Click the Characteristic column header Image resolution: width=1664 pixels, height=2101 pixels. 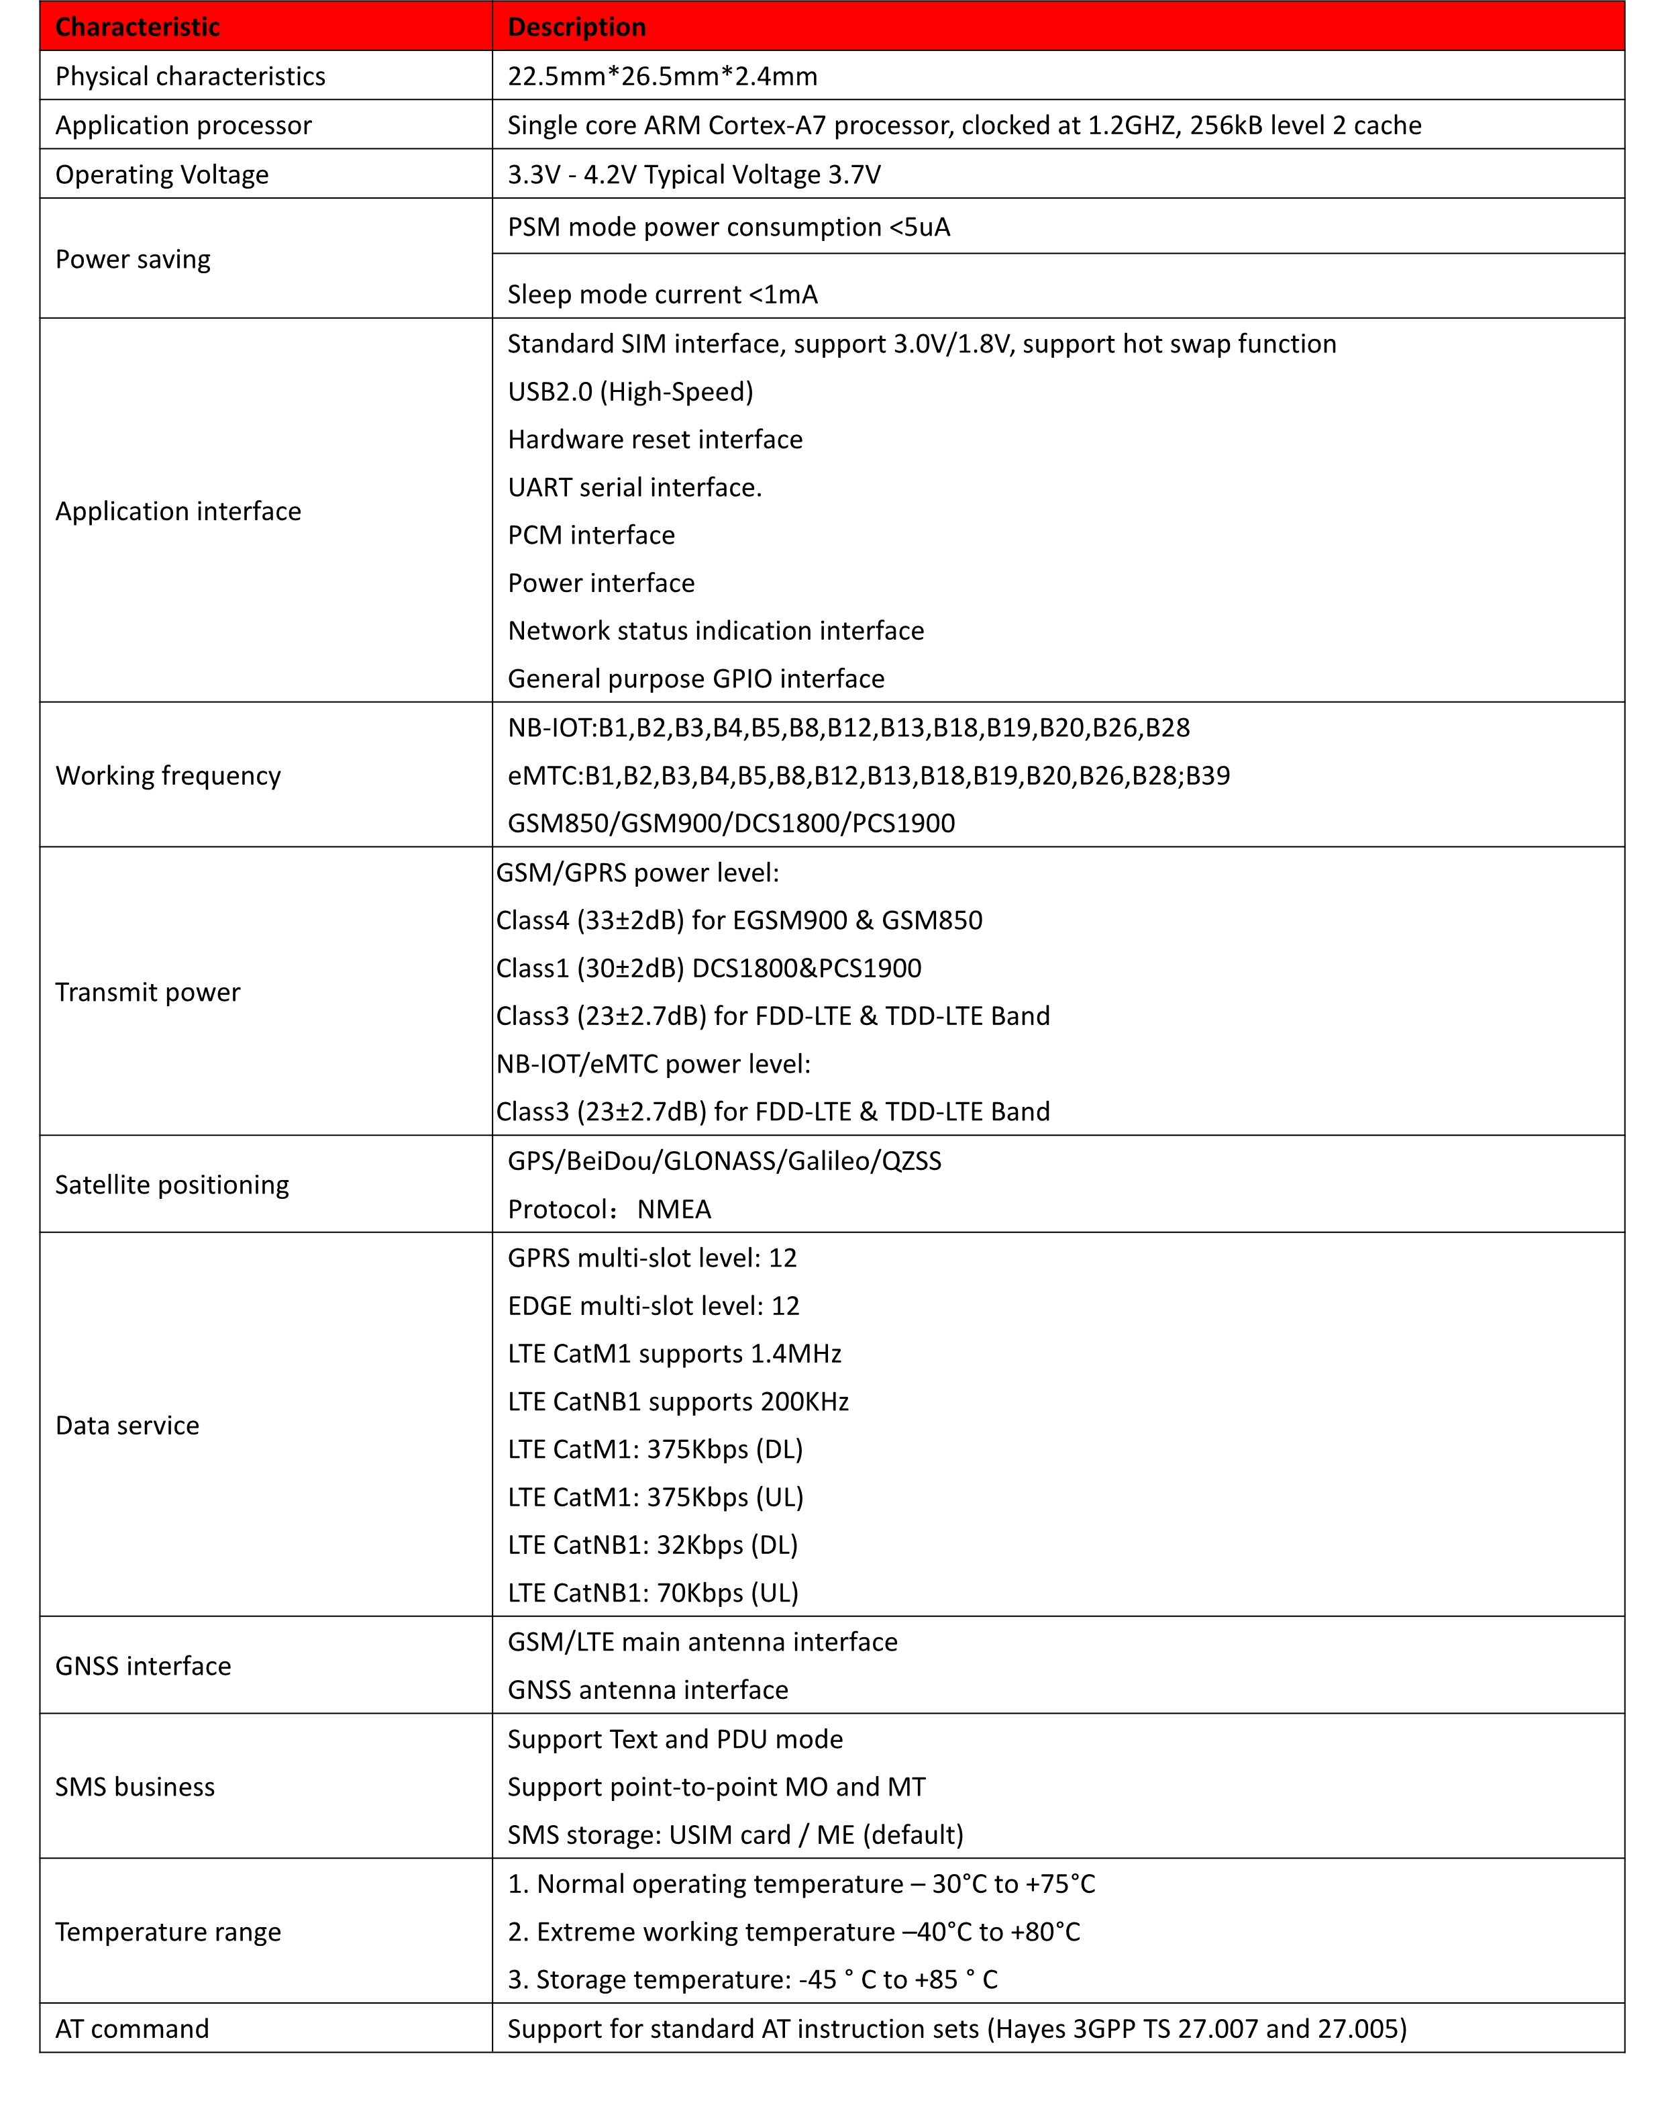[138, 28]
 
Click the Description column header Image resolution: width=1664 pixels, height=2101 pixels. [577, 28]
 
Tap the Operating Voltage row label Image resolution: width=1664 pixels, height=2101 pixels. [162, 175]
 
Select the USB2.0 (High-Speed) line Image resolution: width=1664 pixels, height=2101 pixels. [630, 392]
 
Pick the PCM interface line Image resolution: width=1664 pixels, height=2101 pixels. [591, 535]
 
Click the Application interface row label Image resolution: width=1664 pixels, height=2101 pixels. [178, 511]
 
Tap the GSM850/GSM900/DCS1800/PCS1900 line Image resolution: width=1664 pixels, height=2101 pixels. [731, 824]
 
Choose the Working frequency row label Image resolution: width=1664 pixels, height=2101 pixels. [168, 776]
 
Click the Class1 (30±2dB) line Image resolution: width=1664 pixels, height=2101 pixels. [709, 969]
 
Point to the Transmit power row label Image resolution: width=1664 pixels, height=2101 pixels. [147, 992]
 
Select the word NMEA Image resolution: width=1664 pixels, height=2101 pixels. [674, 1210]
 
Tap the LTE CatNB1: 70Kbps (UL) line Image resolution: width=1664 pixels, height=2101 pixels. [653, 1594]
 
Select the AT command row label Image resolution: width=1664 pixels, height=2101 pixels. [132, 2029]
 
